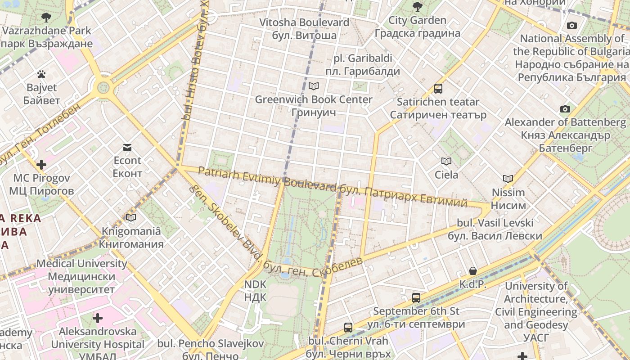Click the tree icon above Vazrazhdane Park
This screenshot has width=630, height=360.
tap(46, 18)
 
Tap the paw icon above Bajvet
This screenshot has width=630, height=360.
tap(41, 74)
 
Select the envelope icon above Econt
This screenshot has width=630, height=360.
tap(127, 148)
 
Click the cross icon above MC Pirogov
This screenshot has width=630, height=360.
tap(41, 165)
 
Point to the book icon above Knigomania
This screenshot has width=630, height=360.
tap(131, 218)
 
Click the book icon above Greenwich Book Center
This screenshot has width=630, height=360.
tap(314, 86)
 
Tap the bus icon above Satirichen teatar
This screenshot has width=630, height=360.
tap(438, 89)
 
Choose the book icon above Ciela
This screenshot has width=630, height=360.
tap(446, 161)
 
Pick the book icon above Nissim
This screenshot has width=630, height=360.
tap(508, 179)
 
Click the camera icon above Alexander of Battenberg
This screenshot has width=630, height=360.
tap(565, 109)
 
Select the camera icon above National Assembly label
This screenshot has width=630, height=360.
tap(572, 25)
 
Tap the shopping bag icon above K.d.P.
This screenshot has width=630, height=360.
tap(472, 271)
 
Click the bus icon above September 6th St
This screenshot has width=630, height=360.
tap(416, 297)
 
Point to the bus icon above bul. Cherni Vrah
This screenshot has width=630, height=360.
tap(348, 328)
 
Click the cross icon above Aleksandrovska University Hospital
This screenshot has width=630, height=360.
tap(98, 319)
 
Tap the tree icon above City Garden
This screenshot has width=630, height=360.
tap(417, 7)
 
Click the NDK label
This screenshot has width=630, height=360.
tap(255, 291)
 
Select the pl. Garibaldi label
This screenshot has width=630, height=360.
tap(363, 65)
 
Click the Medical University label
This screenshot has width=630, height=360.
tap(82, 276)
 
